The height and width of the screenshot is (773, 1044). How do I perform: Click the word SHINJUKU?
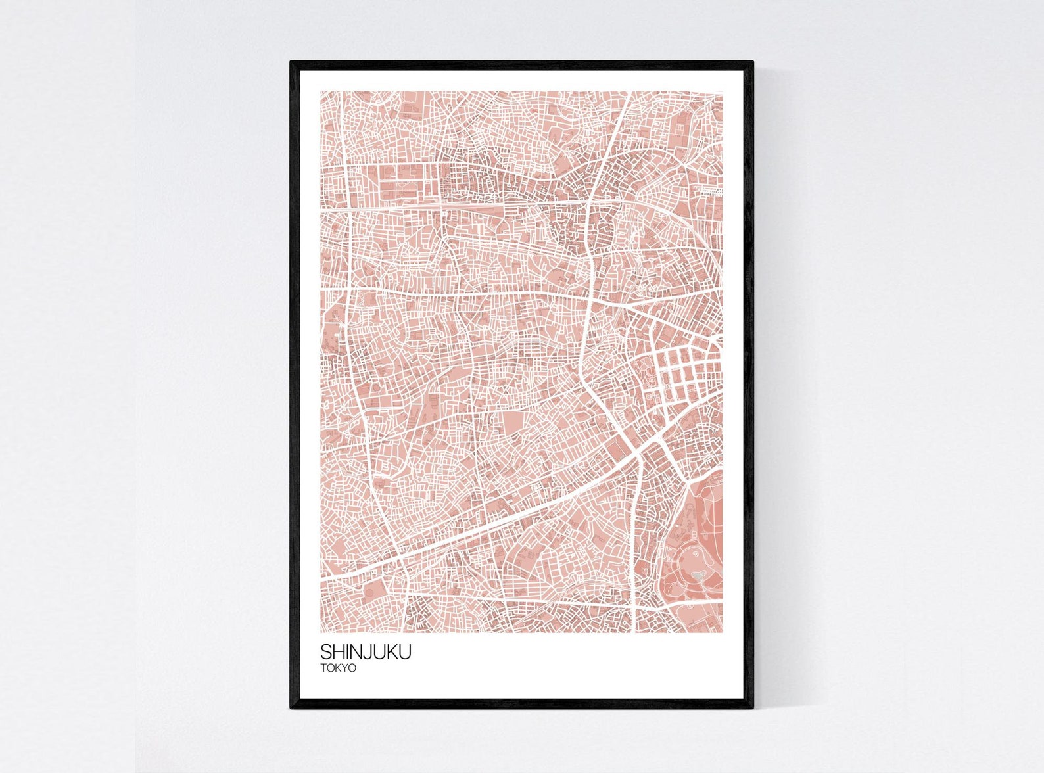coord(366,652)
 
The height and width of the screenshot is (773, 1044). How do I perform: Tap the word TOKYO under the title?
coord(338,668)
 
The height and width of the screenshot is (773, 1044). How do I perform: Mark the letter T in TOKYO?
coord(323,668)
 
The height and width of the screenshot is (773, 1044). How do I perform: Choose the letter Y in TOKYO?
coord(345,668)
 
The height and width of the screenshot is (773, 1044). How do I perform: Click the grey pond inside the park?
coord(698,576)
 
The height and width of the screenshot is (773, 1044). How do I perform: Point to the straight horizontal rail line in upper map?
coord(460,206)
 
